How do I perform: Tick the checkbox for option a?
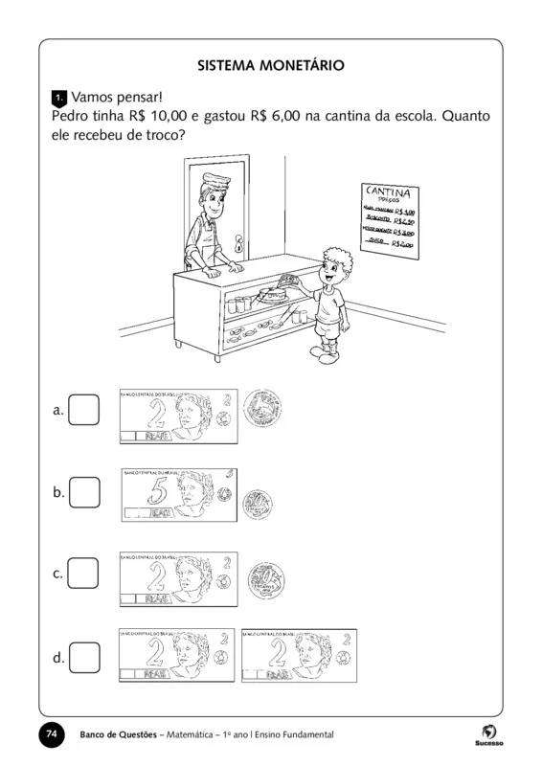pyautogui.click(x=84, y=410)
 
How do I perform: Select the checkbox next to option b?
pyautogui.click(x=84, y=492)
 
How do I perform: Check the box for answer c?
pyautogui.click(x=84, y=573)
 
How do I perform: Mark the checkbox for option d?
pyautogui.click(x=84, y=657)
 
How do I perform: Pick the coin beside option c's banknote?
pyautogui.click(x=260, y=580)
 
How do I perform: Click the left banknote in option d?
pyautogui.click(x=176, y=656)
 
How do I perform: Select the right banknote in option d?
pyautogui.click(x=299, y=656)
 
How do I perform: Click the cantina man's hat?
pyautogui.click(x=212, y=179)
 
